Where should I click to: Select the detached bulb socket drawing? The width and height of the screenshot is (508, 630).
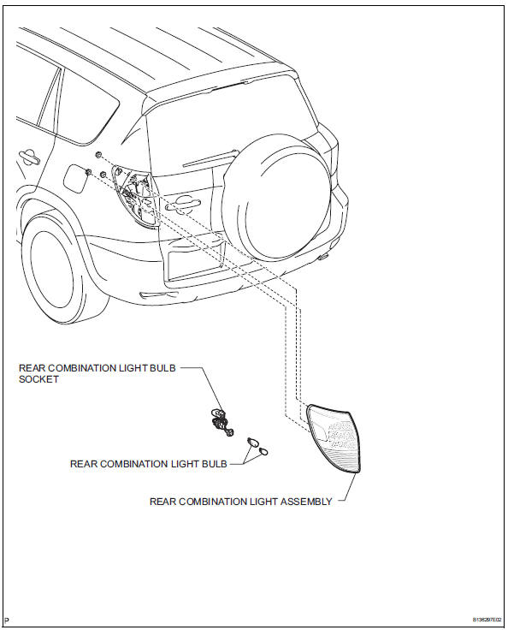coord(220,420)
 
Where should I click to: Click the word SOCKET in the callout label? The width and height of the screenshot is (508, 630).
coord(39,379)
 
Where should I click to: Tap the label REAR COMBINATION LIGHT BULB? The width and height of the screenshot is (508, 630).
coord(148,464)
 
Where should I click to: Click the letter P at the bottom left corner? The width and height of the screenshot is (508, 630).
coord(6,619)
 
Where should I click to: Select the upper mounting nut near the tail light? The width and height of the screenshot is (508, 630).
coord(101,154)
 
